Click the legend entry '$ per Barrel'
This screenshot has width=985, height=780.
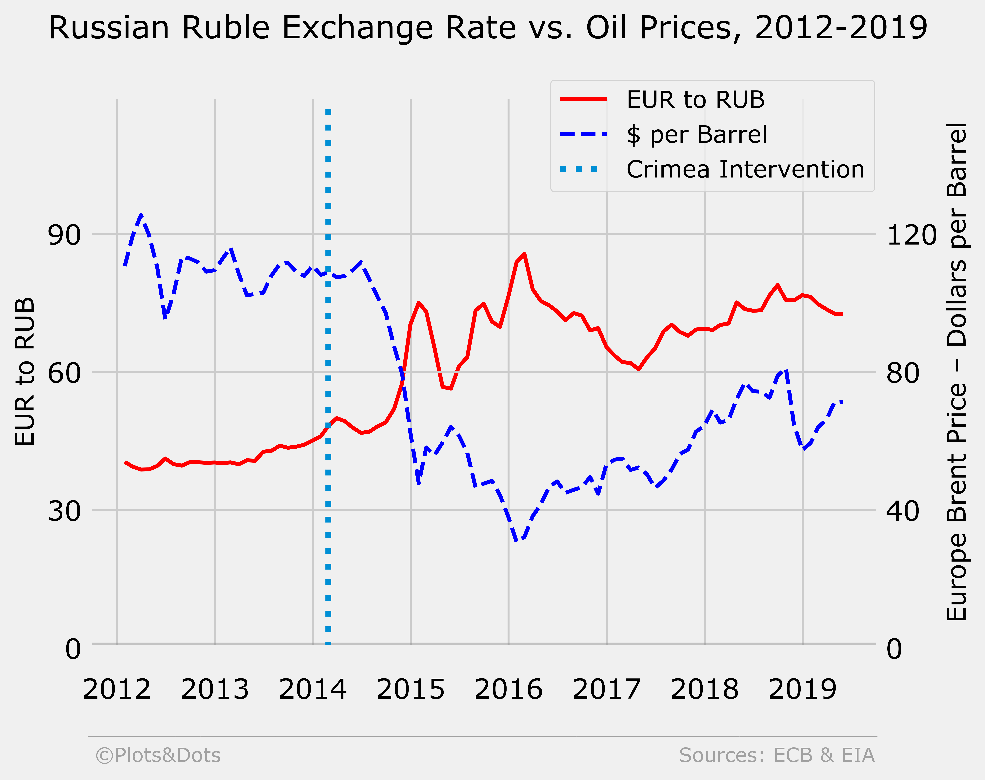coord(697,135)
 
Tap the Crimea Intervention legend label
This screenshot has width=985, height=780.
coord(745,169)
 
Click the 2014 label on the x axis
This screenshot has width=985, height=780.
coord(312,690)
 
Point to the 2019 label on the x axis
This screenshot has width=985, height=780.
coord(802,690)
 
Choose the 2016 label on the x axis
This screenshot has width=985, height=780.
coord(508,690)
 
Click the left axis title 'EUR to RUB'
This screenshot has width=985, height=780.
coord(25,371)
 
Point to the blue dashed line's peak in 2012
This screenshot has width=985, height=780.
coord(141,215)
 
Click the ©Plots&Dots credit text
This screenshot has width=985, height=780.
coord(158,755)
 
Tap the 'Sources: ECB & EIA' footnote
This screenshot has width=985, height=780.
coord(776,755)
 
